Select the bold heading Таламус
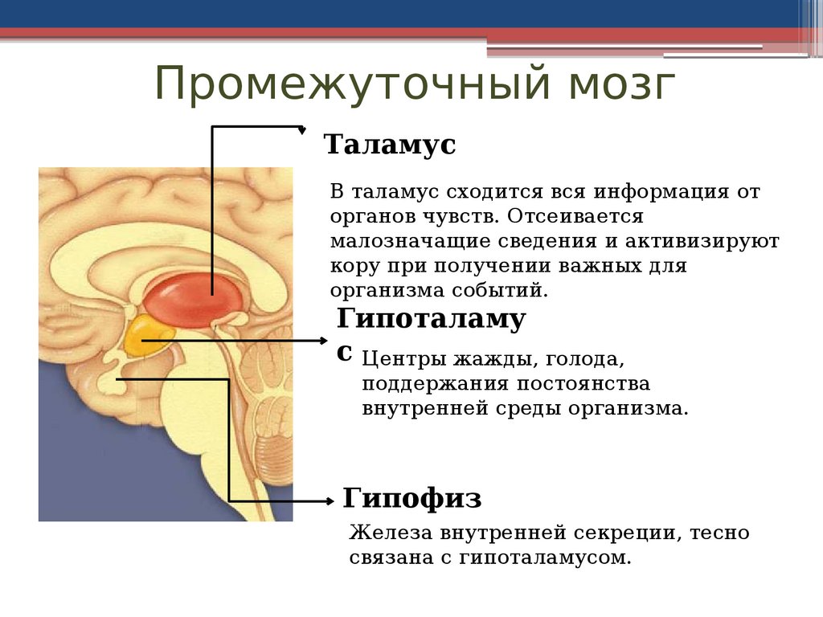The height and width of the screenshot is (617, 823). (x=390, y=145)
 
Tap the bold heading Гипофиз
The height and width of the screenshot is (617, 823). (x=412, y=498)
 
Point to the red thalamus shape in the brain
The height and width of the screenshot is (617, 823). (x=194, y=300)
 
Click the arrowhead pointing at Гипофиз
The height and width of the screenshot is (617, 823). (x=330, y=501)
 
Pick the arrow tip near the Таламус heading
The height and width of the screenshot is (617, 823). (x=302, y=129)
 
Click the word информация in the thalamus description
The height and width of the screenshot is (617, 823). (x=661, y=192)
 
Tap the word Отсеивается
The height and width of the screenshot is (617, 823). (x=575, y=216)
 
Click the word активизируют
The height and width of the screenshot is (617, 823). (x=702, y=241)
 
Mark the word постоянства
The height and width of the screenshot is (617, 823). (x=583, y=383)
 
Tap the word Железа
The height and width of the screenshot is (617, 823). (x=390, y=533)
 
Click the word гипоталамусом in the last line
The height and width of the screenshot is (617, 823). (x=545, y=558)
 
